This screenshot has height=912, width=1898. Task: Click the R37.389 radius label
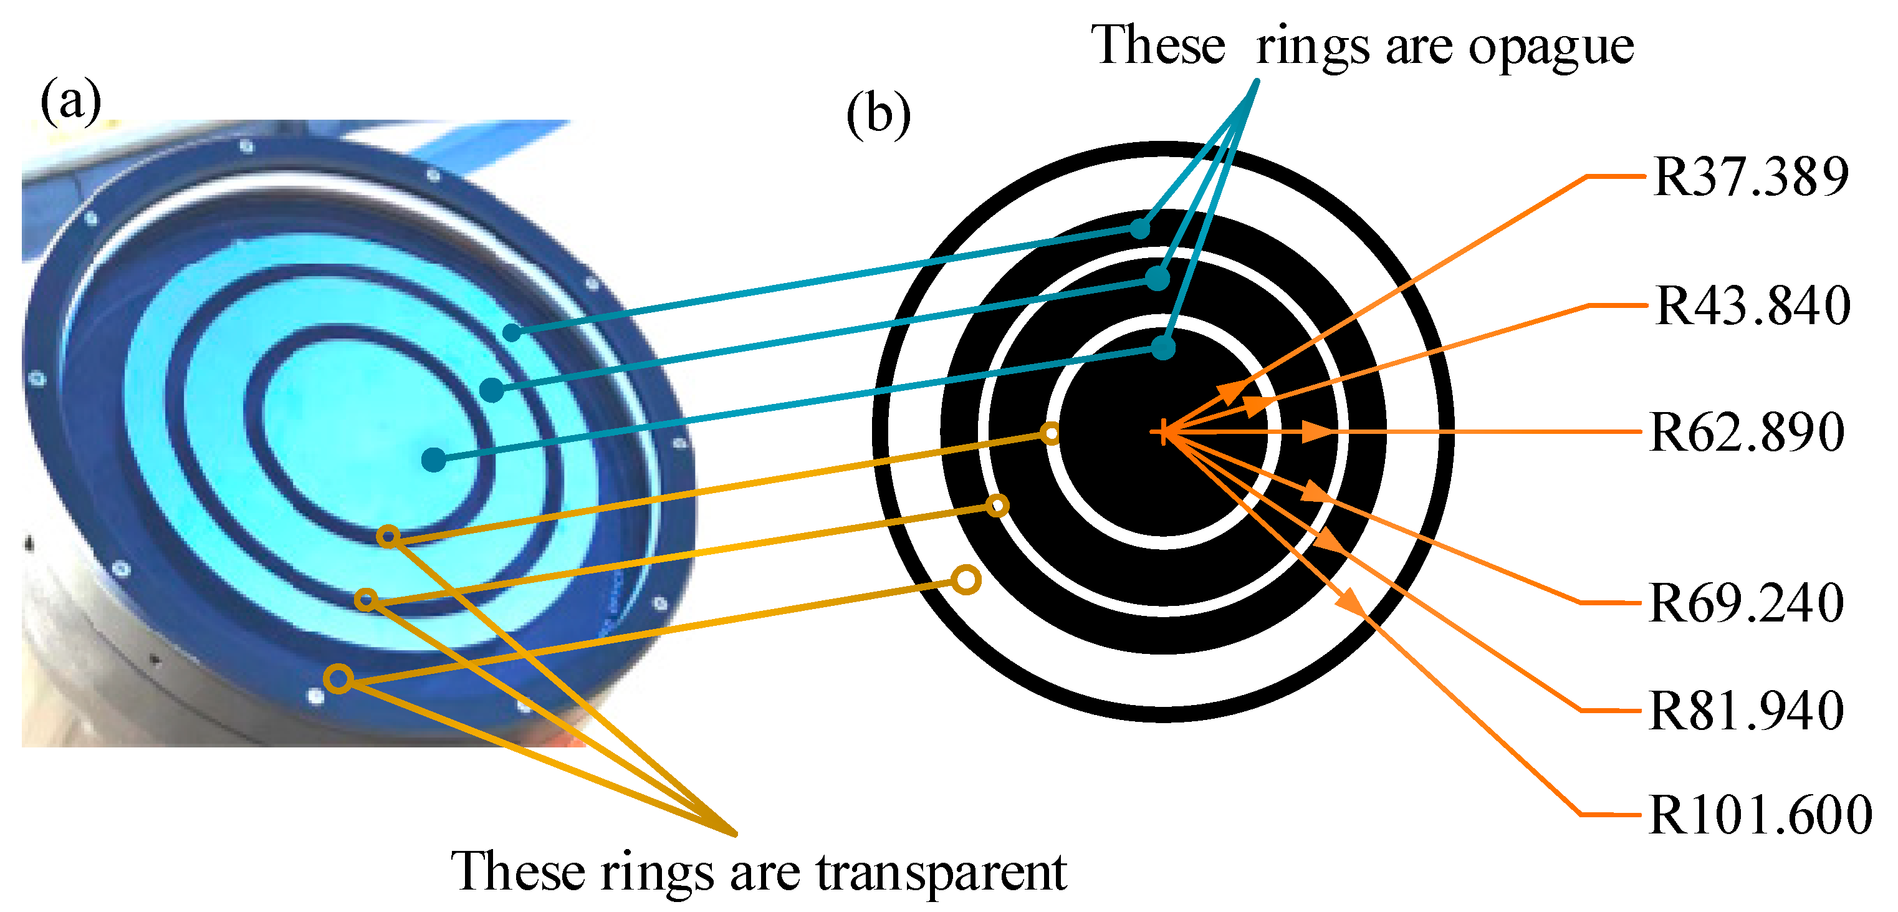point(1751,177)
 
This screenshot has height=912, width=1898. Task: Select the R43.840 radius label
point(1753,305)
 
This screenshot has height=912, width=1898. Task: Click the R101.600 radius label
point(1760,815)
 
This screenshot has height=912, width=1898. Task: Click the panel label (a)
point(70,101)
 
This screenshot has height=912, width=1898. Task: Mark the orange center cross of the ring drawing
point(1162,433)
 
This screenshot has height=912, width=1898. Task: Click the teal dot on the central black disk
point(1162,347)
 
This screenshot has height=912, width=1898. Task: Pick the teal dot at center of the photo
point(434,459)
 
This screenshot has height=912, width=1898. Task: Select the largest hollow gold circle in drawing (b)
point(966,580)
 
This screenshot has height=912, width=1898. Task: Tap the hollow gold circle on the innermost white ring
point(1052,433)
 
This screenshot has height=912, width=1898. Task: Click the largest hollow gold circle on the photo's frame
point(338,678)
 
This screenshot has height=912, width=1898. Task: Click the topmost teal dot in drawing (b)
point(1140,228)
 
